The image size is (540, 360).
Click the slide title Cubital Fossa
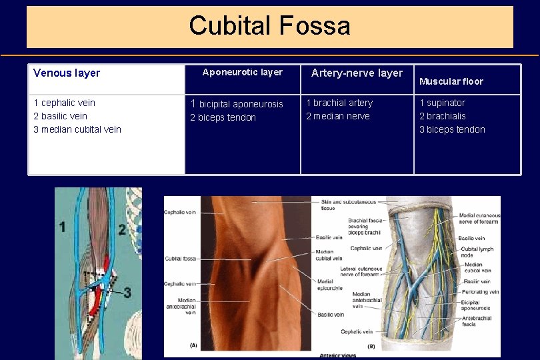[269, 26]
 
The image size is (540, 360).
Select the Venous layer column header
[66, 73]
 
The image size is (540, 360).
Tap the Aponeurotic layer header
[242, 72]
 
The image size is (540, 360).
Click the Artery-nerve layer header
[357, 73]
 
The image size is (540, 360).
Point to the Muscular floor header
[451, 81]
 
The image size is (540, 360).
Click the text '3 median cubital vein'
[77, 129]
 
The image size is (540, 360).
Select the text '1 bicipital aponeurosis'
[237, 104]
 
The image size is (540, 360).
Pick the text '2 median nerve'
[337, 116]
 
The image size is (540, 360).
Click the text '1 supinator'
[442, 103]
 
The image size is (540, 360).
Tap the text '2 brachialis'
[442, 116]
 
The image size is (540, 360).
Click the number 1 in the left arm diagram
[63, 227]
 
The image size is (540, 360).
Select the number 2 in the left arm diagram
[122, 230]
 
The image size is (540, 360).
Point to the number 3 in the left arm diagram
[127, 292]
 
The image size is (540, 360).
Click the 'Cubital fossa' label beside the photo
[180, 259]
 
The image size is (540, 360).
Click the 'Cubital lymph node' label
[476, 252]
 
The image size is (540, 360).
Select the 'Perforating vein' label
[480, 292]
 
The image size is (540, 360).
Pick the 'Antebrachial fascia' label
[477, 321]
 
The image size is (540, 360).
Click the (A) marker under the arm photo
[193, 345]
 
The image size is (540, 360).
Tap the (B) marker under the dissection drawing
[371, 346]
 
